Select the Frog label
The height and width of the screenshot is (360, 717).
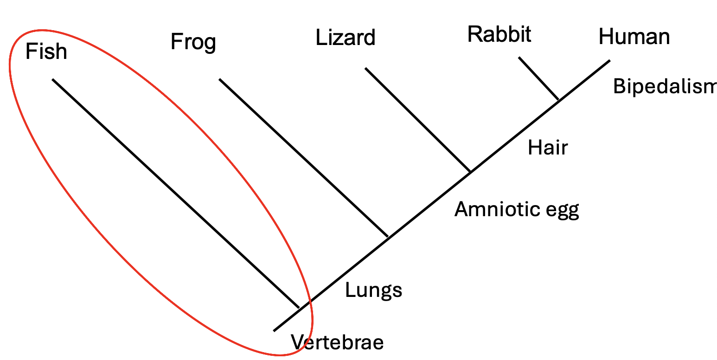pyautogui.click(x=193, y=42)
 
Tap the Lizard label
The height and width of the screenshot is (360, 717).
pyautogui.click(x=345, y=38)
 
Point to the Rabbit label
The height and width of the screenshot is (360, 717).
pyautogui.click(x=499, y=34)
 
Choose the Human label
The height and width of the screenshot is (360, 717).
pyautogui.click(x=634, y=37)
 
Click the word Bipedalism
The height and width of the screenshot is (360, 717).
pyautogui.click(x=664, y=86)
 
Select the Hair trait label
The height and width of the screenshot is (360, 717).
pyautogui.click(x=548, y=148)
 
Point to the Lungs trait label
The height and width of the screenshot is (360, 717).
pyautogui.click(x=373, y=290)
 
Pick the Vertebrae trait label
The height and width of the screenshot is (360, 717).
pyautogui.click(x=337, y=342)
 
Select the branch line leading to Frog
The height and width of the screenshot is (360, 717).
pyautogui.click(x=303, y=158)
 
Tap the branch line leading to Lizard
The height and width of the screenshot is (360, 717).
pyautogui.click(x=417, y=120)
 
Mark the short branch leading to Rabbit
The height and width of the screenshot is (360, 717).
pyautogui.click(x=538, y=78)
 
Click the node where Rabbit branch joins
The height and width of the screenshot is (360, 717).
pyautogui.click(x=559, y=100)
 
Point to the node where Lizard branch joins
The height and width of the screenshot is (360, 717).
pyautogui.click(x=471, y=172)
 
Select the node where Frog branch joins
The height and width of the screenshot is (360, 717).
pyautogui.click(x=388, y=237)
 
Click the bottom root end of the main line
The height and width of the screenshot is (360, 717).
pyautogui.click(x=274, y=331)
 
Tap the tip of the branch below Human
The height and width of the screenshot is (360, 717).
pyautogui.click(x=609, y=60)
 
